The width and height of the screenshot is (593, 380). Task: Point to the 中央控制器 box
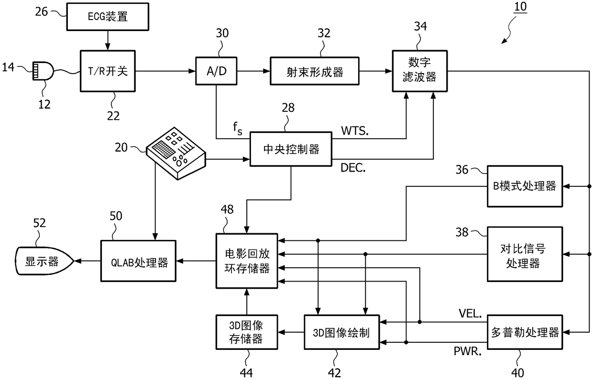point(291,149)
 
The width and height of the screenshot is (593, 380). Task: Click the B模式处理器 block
point(525,186)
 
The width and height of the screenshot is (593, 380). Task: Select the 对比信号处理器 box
point(525,254)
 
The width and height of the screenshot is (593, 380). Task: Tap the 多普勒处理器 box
point(525,333)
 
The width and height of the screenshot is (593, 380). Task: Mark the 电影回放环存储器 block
point(246,261)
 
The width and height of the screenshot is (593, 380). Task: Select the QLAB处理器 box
point(137,261)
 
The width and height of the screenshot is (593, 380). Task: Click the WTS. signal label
point(354,130)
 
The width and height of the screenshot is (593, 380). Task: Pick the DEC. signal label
point(354,167)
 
